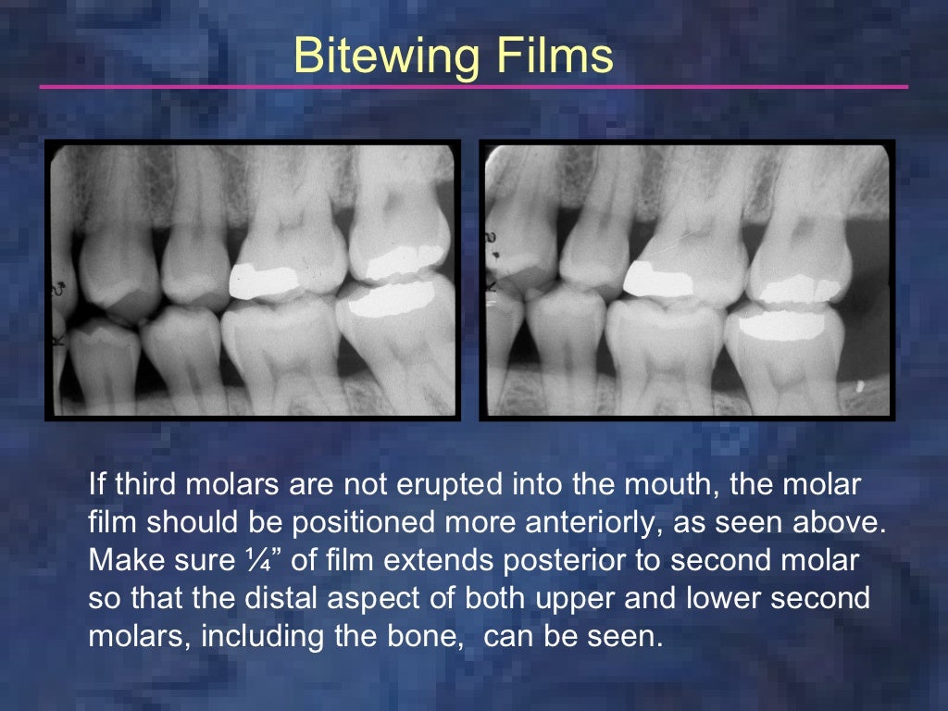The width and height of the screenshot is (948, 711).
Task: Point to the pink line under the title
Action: [x=473, y=87]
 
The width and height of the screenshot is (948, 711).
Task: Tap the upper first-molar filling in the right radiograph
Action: [x=659, y=278]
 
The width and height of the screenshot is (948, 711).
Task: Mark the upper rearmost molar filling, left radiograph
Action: [x=405, y=262]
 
